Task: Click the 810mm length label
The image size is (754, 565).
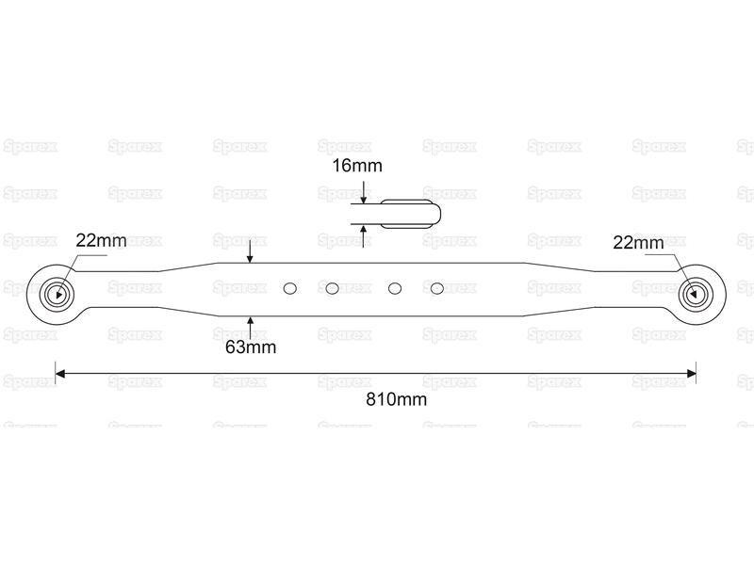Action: click(396, 399)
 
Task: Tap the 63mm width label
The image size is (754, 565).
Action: click(251, 347)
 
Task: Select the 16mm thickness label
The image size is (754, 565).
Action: click(357, 166)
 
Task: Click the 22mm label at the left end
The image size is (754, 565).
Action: click(101, 240)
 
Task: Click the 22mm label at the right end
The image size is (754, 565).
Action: click(638, 243)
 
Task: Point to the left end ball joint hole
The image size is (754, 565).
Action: click(58, 294)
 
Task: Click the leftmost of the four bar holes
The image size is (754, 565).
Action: click(290, 288)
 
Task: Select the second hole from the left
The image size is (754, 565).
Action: click(332, 288)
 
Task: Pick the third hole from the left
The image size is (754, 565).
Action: click(395, 288)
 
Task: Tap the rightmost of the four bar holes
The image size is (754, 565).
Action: click(436, 288)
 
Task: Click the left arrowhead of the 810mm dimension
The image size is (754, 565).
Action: click(60, 373)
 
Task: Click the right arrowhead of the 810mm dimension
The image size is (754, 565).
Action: click(692, 373)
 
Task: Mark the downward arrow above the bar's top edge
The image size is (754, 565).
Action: click(250, 251)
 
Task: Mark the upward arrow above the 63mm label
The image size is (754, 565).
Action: click(250, 328)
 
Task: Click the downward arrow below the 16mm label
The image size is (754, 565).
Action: click(364, 192)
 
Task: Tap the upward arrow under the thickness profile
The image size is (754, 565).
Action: click(364, 236)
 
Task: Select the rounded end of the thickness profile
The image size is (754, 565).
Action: click(437, 214)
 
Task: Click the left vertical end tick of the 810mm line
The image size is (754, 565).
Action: click(56, 373)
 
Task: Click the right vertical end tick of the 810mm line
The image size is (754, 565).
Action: click(697, 373)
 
